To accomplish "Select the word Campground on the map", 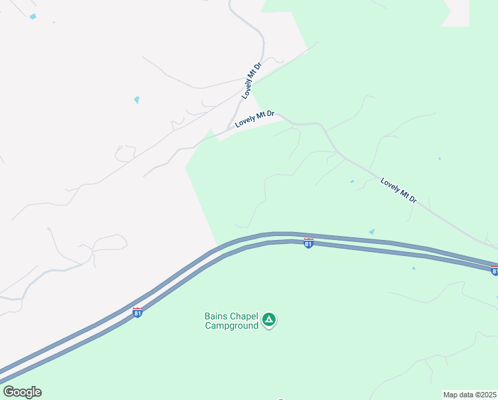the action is click(x=231, y=325).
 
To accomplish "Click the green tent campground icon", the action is click(x=269, y=320).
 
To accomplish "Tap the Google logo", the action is click(x=22, y=392).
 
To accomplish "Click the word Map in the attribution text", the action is click(x=451, y=395).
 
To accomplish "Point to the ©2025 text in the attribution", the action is click(x=485, y=395).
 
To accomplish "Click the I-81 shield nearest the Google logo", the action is click(x=137, y=312).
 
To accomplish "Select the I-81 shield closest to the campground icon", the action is click(x=308, y=243).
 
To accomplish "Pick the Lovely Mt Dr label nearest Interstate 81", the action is click(x=399, y=190).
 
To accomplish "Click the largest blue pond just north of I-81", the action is click(x=372, y=231).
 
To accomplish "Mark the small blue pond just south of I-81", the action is click(x=413, y=269).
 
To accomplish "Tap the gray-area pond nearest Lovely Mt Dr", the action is click(x=136, y=100).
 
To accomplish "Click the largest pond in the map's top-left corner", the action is click(x=33, y=17).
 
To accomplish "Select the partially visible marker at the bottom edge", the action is click(x=281, y=398).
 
